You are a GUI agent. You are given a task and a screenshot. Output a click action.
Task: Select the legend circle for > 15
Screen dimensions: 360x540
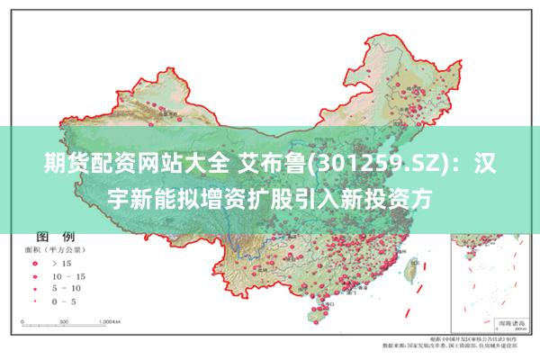[35, 263]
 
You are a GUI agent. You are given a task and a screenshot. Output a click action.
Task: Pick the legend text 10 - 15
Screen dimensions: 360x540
[67, 275]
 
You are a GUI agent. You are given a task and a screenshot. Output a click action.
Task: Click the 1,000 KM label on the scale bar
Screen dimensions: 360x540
[111, 320]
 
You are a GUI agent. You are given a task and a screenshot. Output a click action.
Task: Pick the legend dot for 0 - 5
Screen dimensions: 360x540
[35, 301]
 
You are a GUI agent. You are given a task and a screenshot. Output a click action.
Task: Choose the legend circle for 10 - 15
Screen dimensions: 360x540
[35, 275]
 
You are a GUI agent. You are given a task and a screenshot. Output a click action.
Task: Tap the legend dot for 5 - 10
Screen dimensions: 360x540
[35, 288]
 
